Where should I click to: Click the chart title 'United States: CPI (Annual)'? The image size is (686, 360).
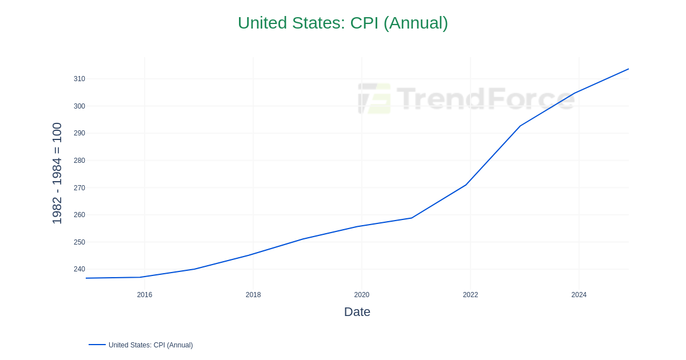[342, 23]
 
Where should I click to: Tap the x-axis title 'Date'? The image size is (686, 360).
[357, 312]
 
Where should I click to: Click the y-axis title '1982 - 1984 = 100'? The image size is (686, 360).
[57, 173]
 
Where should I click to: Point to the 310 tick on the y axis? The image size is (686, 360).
[79, 79]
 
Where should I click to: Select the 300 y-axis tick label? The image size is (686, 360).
[79, 106]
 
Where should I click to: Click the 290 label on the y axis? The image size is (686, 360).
[79, 133]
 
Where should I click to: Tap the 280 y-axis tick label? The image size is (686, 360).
[79, 161]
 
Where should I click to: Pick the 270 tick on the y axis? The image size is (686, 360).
[79, 188]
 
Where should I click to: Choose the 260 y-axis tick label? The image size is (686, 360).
[79, 215]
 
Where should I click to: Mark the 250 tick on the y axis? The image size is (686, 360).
[79, 242]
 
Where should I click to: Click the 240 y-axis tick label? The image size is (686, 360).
[79, 269]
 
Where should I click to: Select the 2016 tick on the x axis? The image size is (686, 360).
[145, 295]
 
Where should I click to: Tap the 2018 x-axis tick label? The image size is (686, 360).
[253, 295]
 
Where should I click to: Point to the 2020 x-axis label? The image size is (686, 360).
[362, 295]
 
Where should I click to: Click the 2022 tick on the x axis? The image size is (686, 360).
[470, 295]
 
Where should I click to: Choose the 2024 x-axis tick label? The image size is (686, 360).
[579, 295]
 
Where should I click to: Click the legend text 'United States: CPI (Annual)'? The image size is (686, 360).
[150, 345]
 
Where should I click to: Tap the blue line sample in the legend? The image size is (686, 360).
[97, 345]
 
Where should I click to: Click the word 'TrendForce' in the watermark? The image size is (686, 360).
[485, 98]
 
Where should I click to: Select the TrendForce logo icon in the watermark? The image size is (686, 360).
[374, 98]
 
